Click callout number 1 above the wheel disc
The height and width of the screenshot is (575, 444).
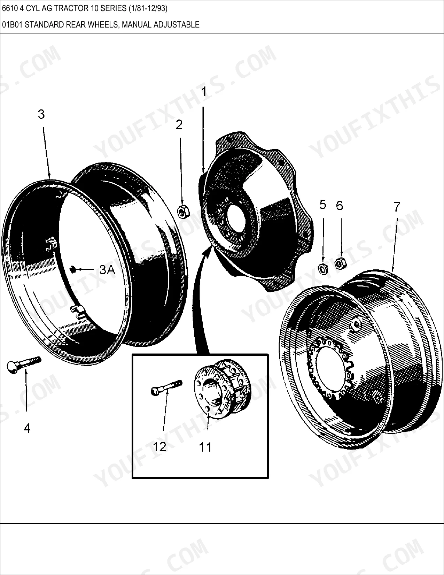[x=204, y=92]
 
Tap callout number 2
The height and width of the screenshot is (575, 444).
[x=179, y=125]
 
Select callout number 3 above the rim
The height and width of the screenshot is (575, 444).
[x=41, y=114]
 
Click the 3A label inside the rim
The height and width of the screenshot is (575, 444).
[x=107, y=270]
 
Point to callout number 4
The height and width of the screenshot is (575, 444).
[x=27, y=428]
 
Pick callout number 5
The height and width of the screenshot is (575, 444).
[x=322, y=205]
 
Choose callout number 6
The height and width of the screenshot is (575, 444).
[x=340, y=206]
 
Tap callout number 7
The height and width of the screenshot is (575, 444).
[x=397, y=207]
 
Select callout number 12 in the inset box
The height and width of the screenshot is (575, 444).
[x=159, y=447]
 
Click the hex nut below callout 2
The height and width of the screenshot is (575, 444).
[x=183, y=212]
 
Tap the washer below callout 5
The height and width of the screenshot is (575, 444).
[x=322, y=269]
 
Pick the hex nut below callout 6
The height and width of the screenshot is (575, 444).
[x=340, y=263]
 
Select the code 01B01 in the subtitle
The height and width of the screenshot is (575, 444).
[x=13, y=25]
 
